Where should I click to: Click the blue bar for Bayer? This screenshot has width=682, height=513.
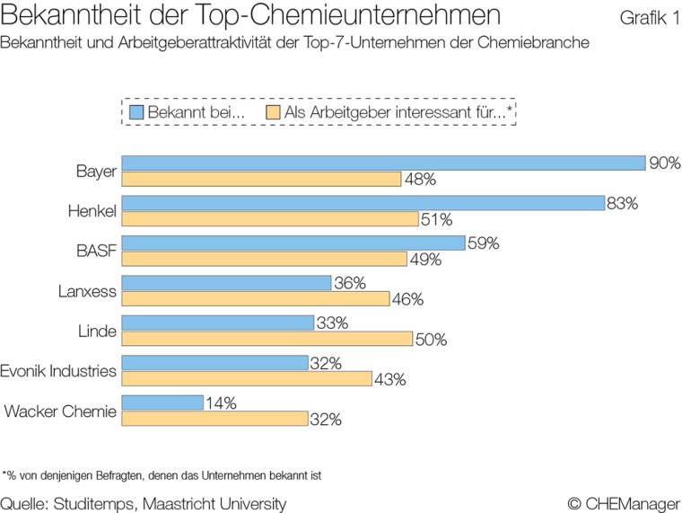pyautogui.click(x=383, y=163)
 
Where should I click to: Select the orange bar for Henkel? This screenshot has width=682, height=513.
pyautogui.click(x=270, y=219)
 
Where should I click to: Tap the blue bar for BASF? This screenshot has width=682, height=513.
pyautogui.click(x=293, y=243)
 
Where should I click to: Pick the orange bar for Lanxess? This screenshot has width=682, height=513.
pyautogui.click(x=255, y=299)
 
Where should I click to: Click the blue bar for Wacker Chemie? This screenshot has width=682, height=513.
pyautogui.click(x=162, y=402)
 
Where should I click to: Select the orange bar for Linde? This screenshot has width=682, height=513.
pyautogui.click(x=267, y=339)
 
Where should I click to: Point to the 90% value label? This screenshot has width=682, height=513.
pyautogui.click(x=665, y=163)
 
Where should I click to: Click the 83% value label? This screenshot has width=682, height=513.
pyautogui.click(x=622, y=203)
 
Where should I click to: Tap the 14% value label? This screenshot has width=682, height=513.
pyautogui.click(x=220, y=403)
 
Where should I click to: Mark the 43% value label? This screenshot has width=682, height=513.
pyautogui.click(x=390, y=379)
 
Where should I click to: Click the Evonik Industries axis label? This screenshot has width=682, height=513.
pyautogui.click(x=58, y=370)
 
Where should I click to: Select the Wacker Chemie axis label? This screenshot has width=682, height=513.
pyautogui.click(x=60, y=411)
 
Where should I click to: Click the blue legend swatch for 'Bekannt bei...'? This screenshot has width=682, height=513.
pyautogui.click(x=136, y=112)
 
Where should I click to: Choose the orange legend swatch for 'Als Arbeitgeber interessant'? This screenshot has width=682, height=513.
pyautogui.click(x=274, y=112)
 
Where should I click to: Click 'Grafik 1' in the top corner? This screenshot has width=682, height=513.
pyautogui.click(x=649, y=19)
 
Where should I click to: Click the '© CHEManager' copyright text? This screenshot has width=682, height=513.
pyautogui.click(x=624, y=503)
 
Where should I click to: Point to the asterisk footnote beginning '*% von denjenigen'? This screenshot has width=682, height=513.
pyautogui.click(x=162, y=474)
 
